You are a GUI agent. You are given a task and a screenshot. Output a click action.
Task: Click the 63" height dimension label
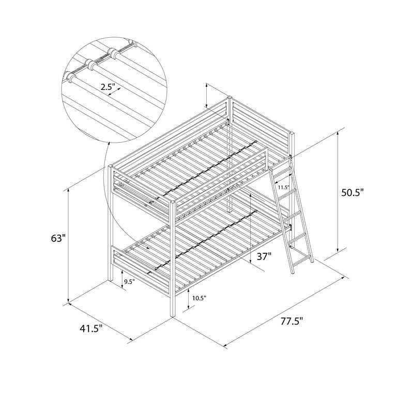coord(58,238)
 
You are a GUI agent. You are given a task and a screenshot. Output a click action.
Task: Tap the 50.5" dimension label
coord(352,192)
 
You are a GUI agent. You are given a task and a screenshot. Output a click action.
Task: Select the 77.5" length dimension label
coord(292,322)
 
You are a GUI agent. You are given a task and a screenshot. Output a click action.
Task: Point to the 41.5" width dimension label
coord(91,329)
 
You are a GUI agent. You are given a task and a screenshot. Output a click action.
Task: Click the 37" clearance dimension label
coord(264,256)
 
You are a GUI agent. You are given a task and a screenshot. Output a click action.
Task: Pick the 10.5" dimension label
coord(199,298)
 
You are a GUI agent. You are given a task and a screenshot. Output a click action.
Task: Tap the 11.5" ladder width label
coord(283,187)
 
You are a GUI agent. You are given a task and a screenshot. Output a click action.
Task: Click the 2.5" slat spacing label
coord(108,87)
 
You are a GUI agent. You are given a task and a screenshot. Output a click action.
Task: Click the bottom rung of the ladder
coord(301,262)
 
